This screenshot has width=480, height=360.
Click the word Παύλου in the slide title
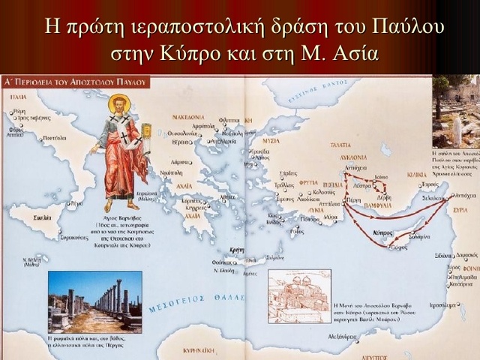tap(403, 26)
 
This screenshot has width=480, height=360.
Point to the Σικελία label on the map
tap(31, 213)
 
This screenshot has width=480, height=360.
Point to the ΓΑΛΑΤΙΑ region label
tap(341, 145)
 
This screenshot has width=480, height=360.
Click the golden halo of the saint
tap(119, 103)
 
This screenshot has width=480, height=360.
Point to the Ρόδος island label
tap(298, 232)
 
